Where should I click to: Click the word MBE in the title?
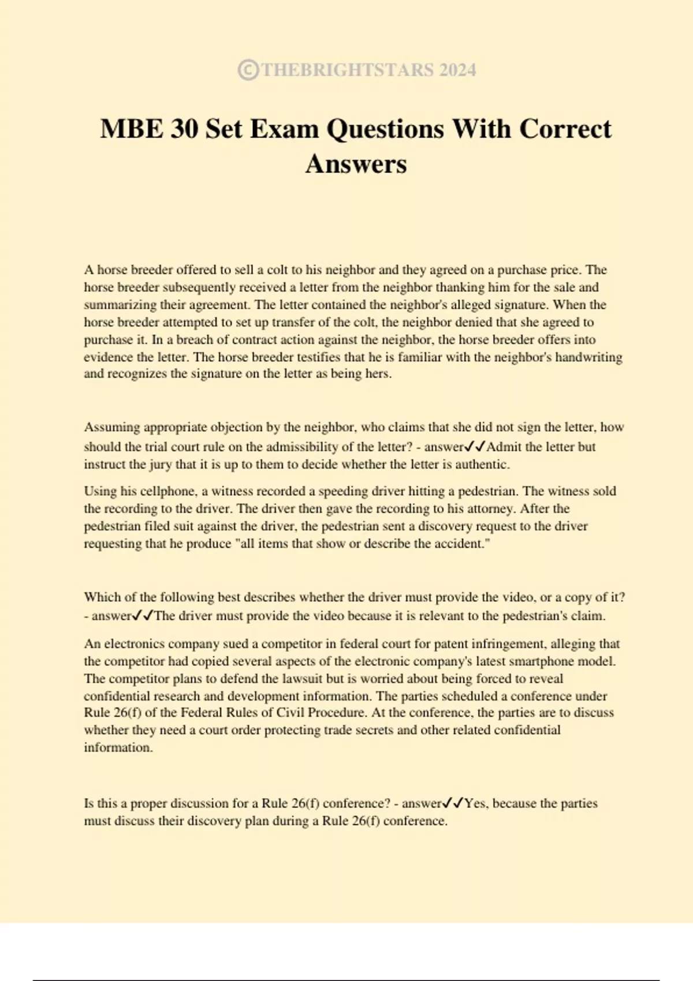[131, 129]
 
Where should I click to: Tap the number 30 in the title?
[184, 129]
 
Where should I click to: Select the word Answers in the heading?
[356, 164]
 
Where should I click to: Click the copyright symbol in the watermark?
[248, 70]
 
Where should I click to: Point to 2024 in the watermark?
[457, 70]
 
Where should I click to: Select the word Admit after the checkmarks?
[504, 447]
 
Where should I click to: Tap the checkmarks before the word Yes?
[453, 803]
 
